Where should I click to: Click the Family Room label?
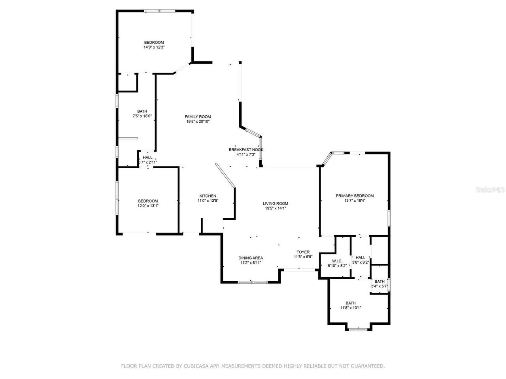(198, 116)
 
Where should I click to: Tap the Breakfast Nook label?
(246, 150)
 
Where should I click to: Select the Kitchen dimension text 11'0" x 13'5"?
(208, 201)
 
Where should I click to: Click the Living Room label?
(276, 204)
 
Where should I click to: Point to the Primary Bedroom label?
(355, 196)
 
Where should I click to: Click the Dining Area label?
(251, 258)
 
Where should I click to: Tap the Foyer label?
(303, 252)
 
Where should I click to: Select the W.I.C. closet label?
(337, 261)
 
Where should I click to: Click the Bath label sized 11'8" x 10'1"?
(351, 303)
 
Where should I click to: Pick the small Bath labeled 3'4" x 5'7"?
(379, 281)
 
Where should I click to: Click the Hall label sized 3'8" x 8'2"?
(361, 257)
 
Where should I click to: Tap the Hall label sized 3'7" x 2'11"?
(147, 158)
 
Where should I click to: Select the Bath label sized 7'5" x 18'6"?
(142, 111)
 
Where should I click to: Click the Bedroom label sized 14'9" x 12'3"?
(154, 43)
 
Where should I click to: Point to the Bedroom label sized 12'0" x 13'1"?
(148, 201)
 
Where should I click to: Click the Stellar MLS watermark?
(490, 189)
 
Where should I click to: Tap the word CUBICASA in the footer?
(198, 366)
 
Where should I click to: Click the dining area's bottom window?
(253, 282)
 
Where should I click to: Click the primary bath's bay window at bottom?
(358, 329)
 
